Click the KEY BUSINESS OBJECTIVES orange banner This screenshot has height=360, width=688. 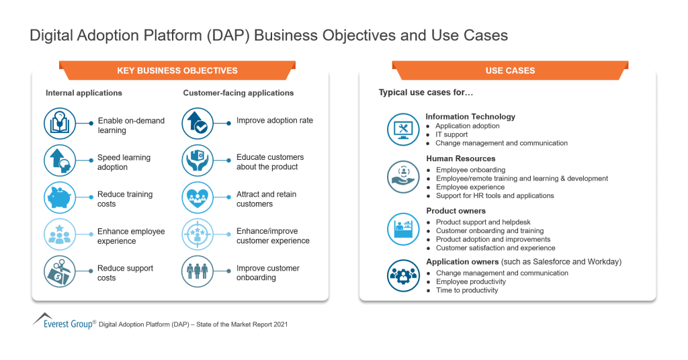click(177, 71)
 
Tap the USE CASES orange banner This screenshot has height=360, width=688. click(510, 71)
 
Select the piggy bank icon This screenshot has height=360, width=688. click(60, 199)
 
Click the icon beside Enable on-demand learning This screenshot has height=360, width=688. click(60, 125)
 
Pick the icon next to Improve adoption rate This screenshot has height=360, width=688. click(199, 125)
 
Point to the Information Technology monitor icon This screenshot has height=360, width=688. click(403, 130)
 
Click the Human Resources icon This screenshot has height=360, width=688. click(403, 177)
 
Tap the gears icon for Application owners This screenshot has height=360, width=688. click(403, 275)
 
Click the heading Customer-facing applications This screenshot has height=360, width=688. click(238, 93)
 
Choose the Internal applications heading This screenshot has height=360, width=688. click(84, 93)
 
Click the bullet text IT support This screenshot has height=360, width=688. click(451, 134)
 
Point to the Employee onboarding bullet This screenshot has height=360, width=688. click(470, 170)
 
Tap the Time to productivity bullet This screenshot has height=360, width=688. click(467, 290)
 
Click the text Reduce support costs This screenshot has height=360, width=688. click(125, 273)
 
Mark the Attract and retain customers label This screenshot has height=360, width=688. click(266, 199)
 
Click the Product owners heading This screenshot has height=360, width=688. click(456, 211)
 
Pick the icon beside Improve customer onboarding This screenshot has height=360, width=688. click(199, 273)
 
